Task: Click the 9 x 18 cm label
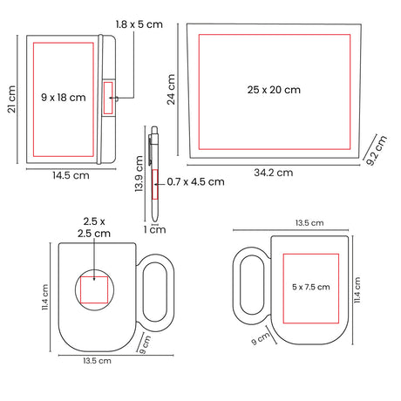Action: (64, 98)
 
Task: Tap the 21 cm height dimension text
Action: (11, 99)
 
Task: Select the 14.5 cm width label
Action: (71, 175)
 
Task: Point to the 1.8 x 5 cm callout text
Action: (139, 24)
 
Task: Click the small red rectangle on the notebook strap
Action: (108, 98)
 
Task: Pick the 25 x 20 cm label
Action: (274, 90)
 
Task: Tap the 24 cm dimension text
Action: (171, 89)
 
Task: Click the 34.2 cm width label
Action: (274, 173)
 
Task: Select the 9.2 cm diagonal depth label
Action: (377, 151)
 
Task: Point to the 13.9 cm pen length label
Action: (139, 173)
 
